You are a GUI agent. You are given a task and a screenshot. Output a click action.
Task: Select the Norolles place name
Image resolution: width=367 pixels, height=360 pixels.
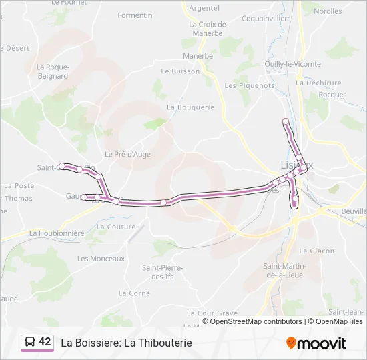[328, 11]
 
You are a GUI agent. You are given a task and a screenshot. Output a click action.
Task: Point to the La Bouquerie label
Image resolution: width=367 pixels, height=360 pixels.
[191, 107]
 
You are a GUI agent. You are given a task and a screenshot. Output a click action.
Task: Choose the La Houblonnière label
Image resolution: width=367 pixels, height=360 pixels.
[57, 233]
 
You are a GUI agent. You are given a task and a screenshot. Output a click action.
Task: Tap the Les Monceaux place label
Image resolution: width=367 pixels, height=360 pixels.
[101, 259]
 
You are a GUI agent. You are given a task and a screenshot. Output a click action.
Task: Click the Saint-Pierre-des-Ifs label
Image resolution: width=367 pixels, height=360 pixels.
[162, 272]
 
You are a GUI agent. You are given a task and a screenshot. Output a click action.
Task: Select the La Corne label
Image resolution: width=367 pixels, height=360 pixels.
[134, 293]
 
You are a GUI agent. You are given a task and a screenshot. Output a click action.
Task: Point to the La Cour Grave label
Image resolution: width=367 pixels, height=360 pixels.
[212, 313]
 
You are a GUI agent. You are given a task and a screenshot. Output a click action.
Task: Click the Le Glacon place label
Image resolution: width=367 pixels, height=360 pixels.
[317, 251]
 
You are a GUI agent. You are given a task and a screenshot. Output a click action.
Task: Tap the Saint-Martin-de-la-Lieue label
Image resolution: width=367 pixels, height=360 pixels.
[286, 271]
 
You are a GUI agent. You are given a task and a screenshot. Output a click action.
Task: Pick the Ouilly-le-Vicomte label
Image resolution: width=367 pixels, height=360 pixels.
[292, 64]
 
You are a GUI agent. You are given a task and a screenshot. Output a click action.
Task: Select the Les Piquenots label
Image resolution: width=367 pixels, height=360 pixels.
[250, 85]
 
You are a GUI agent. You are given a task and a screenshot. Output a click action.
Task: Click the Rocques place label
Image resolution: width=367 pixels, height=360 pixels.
[332, 95]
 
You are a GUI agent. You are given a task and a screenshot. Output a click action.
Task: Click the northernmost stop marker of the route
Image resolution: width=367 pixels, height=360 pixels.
[286, 121]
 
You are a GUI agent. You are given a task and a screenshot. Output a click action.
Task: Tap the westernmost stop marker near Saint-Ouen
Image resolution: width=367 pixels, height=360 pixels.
[62, 166]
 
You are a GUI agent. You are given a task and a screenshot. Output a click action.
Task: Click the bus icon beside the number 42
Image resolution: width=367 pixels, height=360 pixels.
[30, 342]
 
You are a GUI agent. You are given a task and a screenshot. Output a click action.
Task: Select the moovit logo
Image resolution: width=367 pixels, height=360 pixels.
[316, 343]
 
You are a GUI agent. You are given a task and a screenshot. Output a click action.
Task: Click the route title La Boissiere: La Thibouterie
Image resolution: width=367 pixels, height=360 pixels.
[126, 343]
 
